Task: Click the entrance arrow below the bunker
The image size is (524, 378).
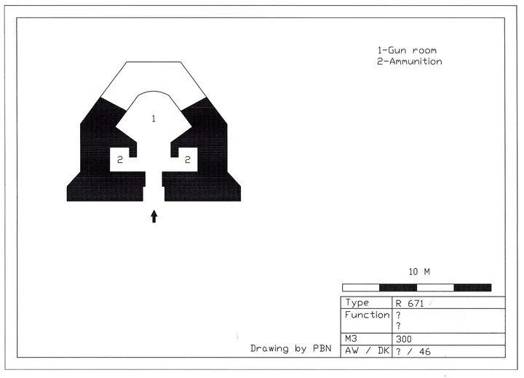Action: [154, 217]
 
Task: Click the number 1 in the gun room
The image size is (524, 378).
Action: [154, 119]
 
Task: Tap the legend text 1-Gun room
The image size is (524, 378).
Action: [407, 50]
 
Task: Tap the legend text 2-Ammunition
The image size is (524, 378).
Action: [409, 62]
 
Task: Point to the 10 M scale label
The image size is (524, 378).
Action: [419, 272]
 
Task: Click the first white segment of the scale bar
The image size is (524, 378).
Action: [361, 288]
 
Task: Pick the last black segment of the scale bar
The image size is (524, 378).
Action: [472, 288]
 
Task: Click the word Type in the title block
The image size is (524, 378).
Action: [357, 303]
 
